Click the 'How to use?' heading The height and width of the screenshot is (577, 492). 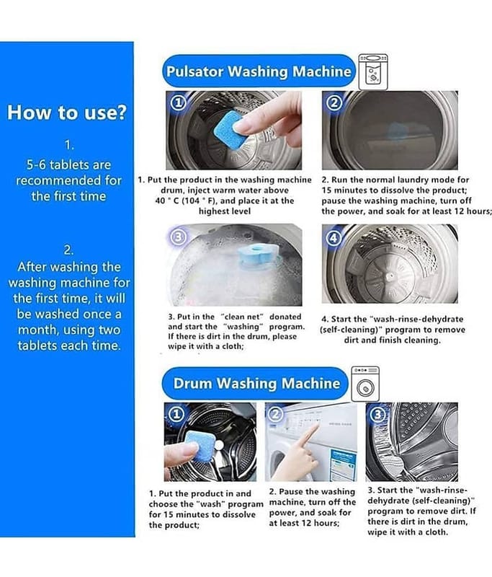coord(67,112)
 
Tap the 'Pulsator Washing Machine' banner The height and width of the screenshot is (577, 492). coord(259,71)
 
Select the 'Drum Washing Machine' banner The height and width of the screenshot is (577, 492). coord(255,384)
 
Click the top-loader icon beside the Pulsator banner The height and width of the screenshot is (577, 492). coord(373,71)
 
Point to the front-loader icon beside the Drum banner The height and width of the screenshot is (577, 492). coord(365,384)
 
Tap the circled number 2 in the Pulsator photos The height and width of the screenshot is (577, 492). coord(334,103)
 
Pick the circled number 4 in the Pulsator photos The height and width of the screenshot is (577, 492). coord(334,237)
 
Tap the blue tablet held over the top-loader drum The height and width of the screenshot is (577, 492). coord(228,128)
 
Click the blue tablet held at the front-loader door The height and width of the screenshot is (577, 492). coord(198,446)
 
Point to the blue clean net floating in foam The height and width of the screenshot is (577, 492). coord(257,254)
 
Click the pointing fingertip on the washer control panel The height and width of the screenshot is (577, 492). coord(316,427)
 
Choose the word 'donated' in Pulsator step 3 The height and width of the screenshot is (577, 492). coord(285,317)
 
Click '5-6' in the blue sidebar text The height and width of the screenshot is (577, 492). coord(36,164)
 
